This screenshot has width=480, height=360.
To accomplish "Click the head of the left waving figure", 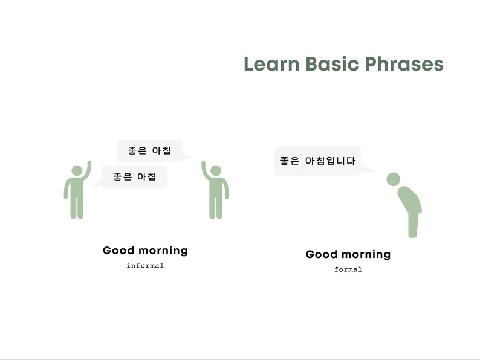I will coord(77,170).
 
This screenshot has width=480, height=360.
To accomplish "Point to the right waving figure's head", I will coord(216,170).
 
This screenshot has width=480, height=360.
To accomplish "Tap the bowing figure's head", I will coord(394,179).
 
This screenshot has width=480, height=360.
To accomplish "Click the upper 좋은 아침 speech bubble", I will coord(149,150).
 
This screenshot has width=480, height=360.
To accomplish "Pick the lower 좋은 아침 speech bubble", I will coord(134,177).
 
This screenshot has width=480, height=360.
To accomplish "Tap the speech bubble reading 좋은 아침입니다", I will coord(317,161).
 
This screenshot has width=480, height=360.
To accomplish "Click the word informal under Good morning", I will coord(145,265).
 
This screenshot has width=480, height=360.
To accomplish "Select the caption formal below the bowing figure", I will coord(348,269).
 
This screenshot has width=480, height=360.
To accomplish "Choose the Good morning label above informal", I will coord(145,250).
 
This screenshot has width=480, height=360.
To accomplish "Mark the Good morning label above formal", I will coord(348,254).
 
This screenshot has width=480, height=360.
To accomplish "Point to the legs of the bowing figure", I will coord(413,223).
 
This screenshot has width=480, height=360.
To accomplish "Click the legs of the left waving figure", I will coord(77,207).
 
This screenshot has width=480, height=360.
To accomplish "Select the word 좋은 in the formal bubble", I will coord(290,161).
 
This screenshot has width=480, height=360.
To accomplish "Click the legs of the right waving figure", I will coord(216,207).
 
